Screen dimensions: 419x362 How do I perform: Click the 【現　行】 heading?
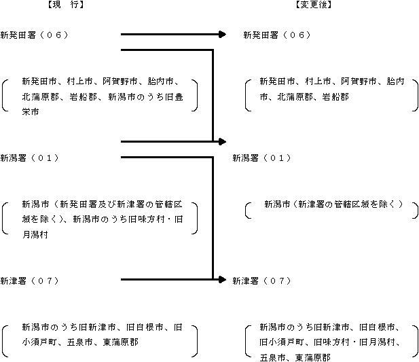click(x=66, y=5)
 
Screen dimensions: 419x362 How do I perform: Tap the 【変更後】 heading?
click(x=314, y=5)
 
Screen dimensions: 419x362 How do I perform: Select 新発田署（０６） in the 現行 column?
click(x=34, y=35)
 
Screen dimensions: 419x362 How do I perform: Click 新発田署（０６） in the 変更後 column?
click(x=277, y=35)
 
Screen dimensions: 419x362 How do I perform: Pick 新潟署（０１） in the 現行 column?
click(x=29, y=158)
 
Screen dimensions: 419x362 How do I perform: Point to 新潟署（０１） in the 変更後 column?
click(x=261, y=158)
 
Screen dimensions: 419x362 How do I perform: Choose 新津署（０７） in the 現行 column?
click(x=29, y=280)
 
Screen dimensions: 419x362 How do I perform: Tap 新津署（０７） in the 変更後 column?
click(x=261, y=280)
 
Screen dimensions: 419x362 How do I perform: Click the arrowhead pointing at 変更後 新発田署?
click(x=223, y=35)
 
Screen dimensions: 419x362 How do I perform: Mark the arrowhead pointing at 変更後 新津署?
click(x=223, y=280)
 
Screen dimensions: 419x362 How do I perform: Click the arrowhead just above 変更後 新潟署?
click(x=223, y=141)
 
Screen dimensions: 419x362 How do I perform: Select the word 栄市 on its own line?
click(x=31, y=112)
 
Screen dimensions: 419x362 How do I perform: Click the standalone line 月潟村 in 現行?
click(x=35, y=235)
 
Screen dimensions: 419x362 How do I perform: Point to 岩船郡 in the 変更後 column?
click(x=335, y=96)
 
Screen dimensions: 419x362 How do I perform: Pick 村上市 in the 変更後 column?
click(x=318, y=82)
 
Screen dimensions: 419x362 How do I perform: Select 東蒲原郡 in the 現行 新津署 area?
click(x=121, y=342)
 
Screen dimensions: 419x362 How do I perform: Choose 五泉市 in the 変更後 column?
click(x=272, y=357)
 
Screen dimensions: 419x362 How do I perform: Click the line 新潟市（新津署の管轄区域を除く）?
click(x=333, y=204)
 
